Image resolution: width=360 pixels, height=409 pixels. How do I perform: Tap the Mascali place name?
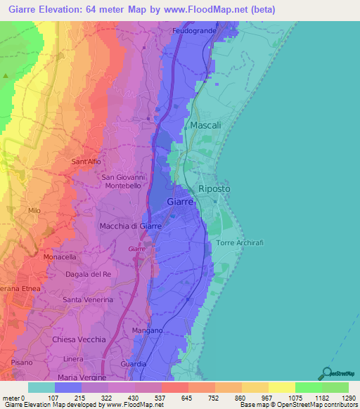pyautogui.click(x=205, y=125)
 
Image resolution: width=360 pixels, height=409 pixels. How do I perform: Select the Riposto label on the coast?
pyautogui.click(x=214, y=190)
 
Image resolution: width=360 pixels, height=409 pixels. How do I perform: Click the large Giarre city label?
pyautogui.click(x=180, y=202)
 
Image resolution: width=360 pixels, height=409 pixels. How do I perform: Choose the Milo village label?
pyautogui.click(x=34, y=211)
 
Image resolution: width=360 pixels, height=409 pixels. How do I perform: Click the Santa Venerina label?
pyautogui.click(x=88, y=300)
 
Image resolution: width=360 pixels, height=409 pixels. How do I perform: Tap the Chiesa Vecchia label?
pyautogui.click(x=79, y=339)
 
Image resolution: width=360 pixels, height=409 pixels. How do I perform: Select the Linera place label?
pyautogui.click(x=74, y=360)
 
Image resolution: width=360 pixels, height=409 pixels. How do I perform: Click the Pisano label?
pyautogui.click(x=21, y=363)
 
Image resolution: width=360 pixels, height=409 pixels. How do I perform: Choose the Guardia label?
pyautogui.click(x=134, y=364)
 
